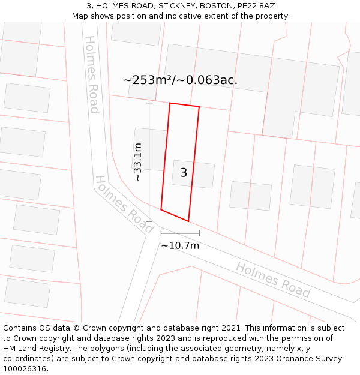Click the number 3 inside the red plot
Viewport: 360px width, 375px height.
tap(184, 173)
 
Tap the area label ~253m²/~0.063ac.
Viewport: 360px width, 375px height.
tap(180, 80)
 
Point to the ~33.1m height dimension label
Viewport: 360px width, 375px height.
tap(137, 162)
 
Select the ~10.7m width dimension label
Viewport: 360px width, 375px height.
tap(180, 245)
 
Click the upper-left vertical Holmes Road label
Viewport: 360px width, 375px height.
tap(91, 74)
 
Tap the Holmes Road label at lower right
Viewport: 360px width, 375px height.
tap(273, 280)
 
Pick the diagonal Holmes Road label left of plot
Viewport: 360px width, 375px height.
tap(124, 205)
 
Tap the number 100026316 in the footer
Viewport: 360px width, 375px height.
tap(24, 369)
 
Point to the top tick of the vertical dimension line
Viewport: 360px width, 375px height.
tap(149, 103)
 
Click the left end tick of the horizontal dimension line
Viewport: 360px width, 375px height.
tap(161, 233)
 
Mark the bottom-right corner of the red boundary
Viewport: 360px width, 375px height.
tap(188, 221)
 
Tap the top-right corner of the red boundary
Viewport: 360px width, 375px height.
tap(199, 107)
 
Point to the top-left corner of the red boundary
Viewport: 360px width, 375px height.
tap(170, 103)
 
